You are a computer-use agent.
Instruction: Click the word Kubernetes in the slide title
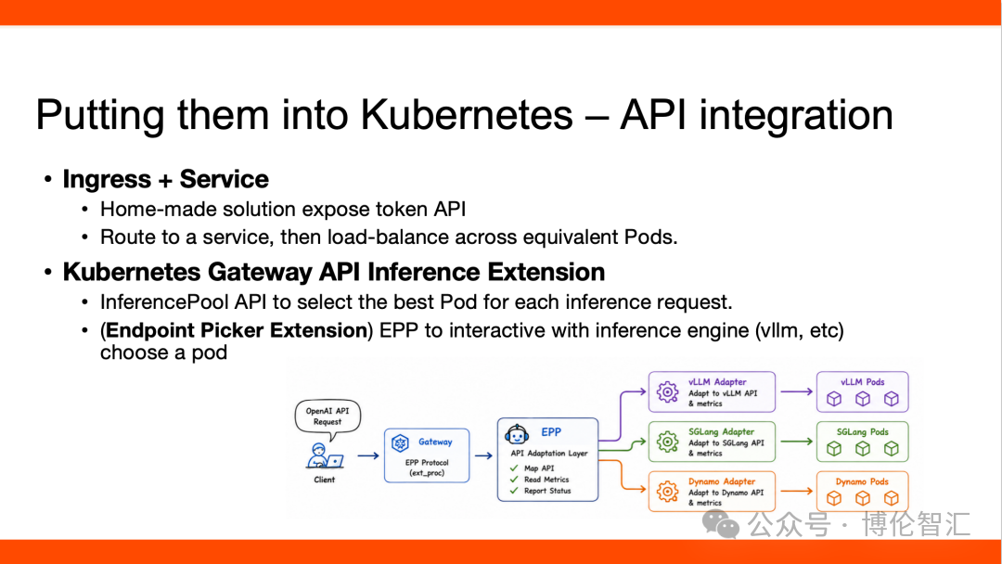467,115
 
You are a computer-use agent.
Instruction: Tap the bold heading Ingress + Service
165,179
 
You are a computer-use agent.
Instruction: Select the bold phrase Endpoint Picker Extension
237,330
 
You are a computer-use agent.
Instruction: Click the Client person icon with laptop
325,456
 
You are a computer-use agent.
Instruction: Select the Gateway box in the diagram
427,455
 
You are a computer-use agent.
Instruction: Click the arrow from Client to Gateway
368,455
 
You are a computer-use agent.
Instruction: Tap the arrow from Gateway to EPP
483,455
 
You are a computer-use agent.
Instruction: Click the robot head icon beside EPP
517,434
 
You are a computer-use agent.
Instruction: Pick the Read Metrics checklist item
546,480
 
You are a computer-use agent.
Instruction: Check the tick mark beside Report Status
514,491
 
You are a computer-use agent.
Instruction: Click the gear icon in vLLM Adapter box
667,391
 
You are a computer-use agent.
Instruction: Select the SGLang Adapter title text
721,431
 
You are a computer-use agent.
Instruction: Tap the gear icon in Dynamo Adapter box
667,492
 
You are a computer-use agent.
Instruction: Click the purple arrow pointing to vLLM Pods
797,391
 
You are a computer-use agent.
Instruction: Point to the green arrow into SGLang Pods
797,442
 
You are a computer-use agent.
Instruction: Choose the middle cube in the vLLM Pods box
863,399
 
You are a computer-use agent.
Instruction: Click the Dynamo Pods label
862,481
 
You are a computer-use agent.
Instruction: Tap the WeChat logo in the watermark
720,524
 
